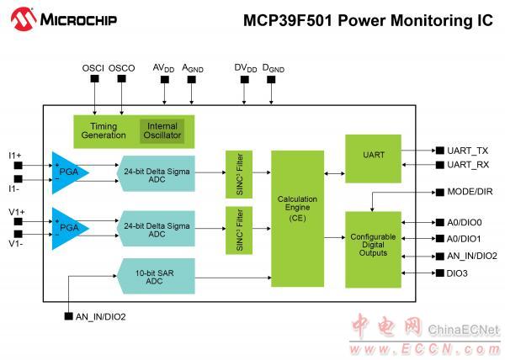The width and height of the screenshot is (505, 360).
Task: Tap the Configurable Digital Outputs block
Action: [373, 249]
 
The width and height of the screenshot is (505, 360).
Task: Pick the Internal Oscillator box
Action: [162, 132]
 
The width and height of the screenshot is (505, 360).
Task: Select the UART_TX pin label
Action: [468, 151]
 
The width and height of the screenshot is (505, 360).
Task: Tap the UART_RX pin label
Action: [468, 165]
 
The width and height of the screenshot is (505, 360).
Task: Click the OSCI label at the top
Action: [93, 66]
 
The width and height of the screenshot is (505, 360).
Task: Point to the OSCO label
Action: [122, 66]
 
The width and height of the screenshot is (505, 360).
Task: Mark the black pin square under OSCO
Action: [122, 80]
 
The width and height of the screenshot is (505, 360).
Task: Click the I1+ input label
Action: [16, 156]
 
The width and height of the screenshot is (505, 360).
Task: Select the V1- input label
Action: [16, 244]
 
